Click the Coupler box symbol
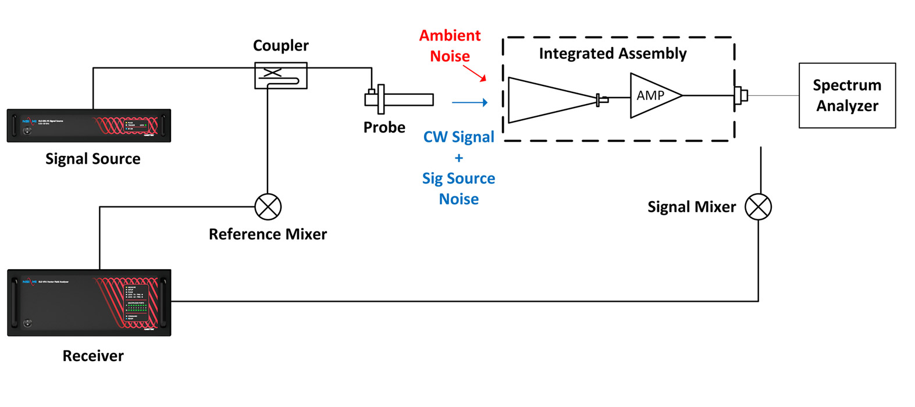pos(280,76)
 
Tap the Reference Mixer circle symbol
pos(268,207)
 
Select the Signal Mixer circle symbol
pos(759,207)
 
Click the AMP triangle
pos(653,95)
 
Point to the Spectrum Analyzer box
pos(847,95)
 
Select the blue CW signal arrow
pos(469,103)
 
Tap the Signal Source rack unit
pos(89,126)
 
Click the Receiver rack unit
pos(89,302)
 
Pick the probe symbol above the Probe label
pos(399,99)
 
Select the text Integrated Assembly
pos(613,53)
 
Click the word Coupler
pos(280,46)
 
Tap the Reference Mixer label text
pos(268,234)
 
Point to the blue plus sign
pos(458,158)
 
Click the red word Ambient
pos(450,35)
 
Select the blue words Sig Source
pos(458,178)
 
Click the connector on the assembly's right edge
pos(740,95)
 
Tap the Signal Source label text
pos(93,159)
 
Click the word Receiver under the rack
pos(93,356)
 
